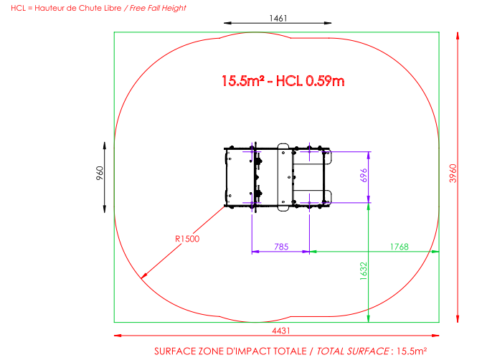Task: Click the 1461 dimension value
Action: pyautogui.click(x=278, y=19)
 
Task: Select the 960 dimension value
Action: pyautogui.click(x=100, y=173)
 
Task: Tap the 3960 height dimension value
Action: pyautogui.click(x=453, y=174)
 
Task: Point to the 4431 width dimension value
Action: pyautogui.click(x=281, y=331)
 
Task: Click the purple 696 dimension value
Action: pyautogui.click(x=364, y=175)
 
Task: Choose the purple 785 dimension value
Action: pyautogui.click(x=281, y=247)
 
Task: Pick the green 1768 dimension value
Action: pyautogui.click(x=400, y=247)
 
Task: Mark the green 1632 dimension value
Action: pyautogui.click(x=364, y=271)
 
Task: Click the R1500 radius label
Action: pyautogui.click(x=187, y=239)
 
